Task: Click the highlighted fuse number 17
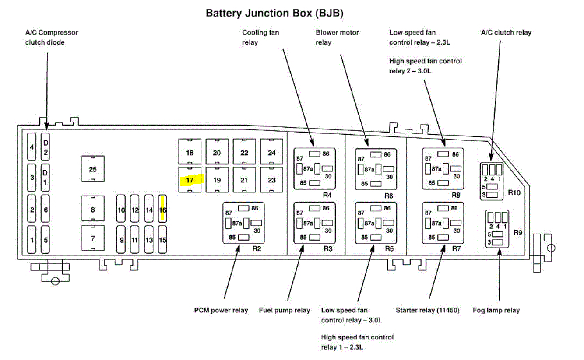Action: (x=190, y=180)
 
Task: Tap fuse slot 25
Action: (x=93, y=169)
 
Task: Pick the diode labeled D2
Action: (x=46, y=147)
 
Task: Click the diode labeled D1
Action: (x=46, y=177)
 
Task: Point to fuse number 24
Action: (x=272, y=153)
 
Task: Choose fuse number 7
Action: (x=93, y=239)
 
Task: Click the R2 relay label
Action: (x=257, y=248)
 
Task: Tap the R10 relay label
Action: (x=514, y=192)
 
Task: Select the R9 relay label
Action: (x=518, y=233)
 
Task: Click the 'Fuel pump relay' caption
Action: (x=285, y=310)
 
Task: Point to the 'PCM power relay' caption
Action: (x=221, y=310)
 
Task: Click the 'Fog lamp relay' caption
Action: (x=496, y=310)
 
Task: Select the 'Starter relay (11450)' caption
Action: (x=427, y=310)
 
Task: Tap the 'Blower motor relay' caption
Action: (x=337, y=37)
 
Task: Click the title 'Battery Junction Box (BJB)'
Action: (x=274, y=13)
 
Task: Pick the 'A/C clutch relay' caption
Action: (x=506, y=32)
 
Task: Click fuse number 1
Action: (x=32, y=239)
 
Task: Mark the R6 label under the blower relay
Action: (x=389, y=196)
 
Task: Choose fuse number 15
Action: (x=162, y=240)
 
